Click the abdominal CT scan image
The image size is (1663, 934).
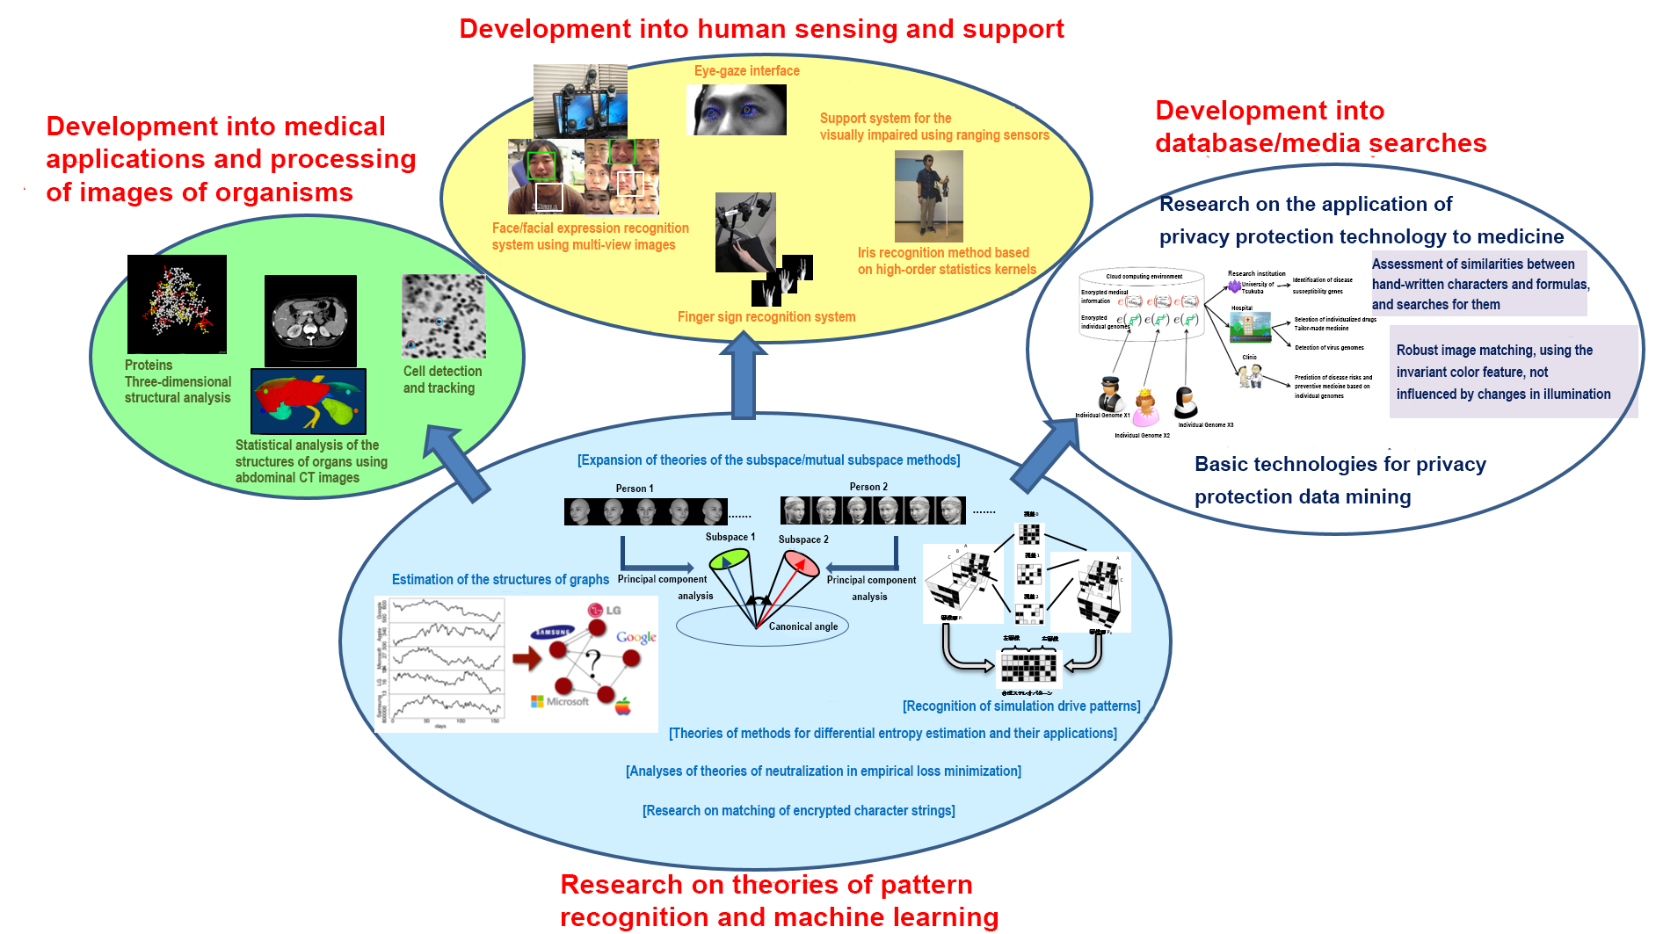click(x=310, y=321)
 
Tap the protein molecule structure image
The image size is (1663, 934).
click(x=177, y=304)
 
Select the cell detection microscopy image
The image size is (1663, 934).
click(x=444, y=316)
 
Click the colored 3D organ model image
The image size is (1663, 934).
click(x=308, y=402)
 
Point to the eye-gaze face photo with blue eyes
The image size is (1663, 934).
click(x=737, y=110)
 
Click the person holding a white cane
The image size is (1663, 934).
click(x=928, y=196)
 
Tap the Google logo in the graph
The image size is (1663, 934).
click(x=636, y=637)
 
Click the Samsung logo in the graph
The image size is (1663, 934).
click(x=552, y=632)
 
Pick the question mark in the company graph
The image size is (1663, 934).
click(x=593, y=661)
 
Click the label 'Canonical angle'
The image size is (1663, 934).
click(x=802, y=626)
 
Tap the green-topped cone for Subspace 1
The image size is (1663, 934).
click(x=730, y=559)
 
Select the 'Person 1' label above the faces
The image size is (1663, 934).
click(x=634, y=489)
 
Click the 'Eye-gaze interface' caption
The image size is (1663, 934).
click(x=746, y=71)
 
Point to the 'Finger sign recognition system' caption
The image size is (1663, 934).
click(x=766, y=317)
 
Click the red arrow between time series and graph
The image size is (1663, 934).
click(x=526, y=658)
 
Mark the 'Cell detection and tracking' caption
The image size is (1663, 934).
click(x=442, y=380)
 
